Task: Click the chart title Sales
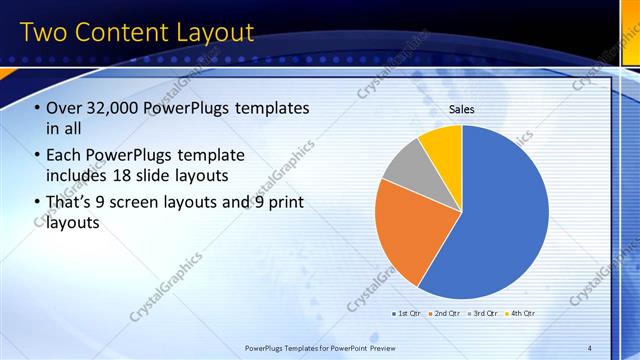tap(461, 110)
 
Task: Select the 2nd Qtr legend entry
tap(445, 313)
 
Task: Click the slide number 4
tap(590, 347)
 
